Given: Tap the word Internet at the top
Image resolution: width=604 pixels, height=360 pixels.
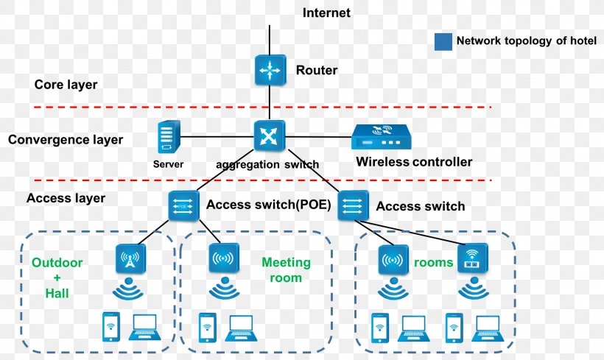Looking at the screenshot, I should (x=326, y=13).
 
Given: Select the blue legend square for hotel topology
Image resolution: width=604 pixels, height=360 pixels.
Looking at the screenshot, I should (x=443, y=41).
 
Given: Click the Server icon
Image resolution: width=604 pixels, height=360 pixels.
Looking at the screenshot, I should (x=169, y=138).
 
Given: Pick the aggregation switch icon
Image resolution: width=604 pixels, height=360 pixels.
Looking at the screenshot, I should (x=269, y=135).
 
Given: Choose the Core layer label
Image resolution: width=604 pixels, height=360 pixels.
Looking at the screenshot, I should (x=66, y=85).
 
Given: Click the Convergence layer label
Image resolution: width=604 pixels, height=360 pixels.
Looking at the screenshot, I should (x=66, y=140).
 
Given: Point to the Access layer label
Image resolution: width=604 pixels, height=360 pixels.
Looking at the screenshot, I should (x=66, y=198).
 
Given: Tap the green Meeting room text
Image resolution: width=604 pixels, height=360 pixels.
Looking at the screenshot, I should (x=287, y=270).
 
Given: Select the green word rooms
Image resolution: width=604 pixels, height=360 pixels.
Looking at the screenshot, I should (x=433, y=262).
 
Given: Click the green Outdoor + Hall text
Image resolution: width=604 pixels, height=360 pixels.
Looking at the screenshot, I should (x=57, y=278).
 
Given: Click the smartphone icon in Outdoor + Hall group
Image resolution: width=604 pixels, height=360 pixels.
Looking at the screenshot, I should (x=110, y=325).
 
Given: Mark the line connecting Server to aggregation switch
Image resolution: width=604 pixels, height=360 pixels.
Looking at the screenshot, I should (x=217, y=136).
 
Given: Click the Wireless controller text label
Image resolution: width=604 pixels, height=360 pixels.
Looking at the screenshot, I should (x=414, y=162).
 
